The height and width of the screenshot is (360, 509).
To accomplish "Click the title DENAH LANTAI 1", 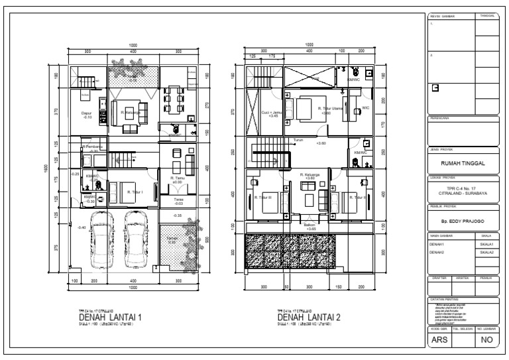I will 109,317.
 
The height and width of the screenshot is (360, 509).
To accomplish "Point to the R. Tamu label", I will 177,179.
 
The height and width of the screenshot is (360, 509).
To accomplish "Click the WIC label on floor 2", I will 365,108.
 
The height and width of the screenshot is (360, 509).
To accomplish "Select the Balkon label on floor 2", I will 310,225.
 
